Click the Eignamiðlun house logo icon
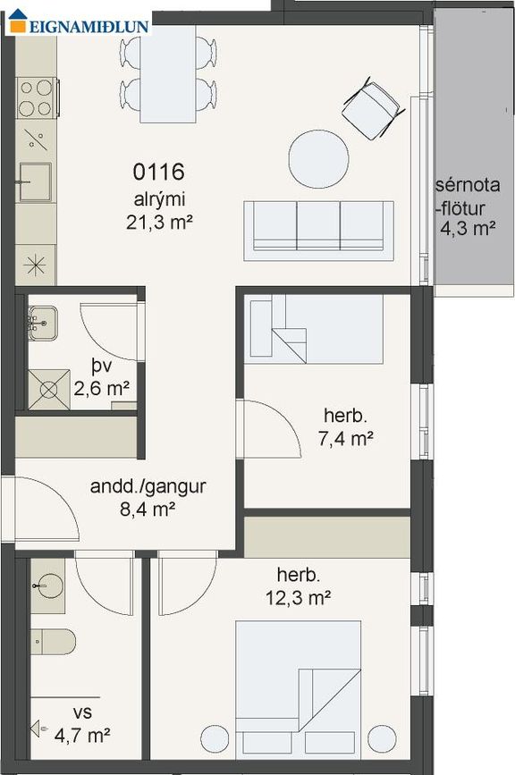[x=18, y=21]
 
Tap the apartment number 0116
[x=158, y=172]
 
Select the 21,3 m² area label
[x=158, y=223]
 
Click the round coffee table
[x=319, y=158]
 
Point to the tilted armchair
[x=371, y=108]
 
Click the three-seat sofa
[x=318, y=231]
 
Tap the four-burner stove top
[x=37, y=97]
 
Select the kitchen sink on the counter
[x=34, y=181]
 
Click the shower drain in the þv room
[x=48, y=390]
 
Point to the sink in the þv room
[x=43, y=324]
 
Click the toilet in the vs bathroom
[x=53, y=642]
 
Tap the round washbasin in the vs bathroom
[x=48, y=586]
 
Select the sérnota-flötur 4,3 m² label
[x=468, y=206]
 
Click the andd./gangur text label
[x=148, y=486]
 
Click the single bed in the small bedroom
[x=314, y=329]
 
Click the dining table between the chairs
[x=168, y=73]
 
